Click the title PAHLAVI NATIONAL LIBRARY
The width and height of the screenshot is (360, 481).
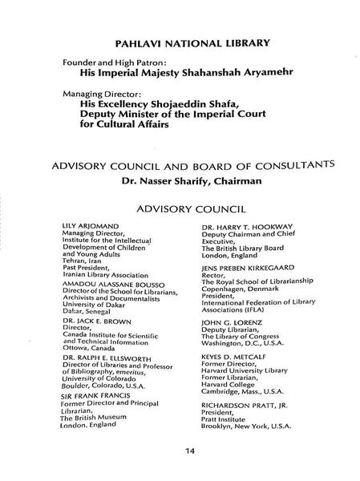tap(180, 41)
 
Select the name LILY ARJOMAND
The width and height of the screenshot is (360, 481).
tap(88, 228)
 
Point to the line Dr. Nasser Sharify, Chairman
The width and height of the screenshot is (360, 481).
tap(180, 181)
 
